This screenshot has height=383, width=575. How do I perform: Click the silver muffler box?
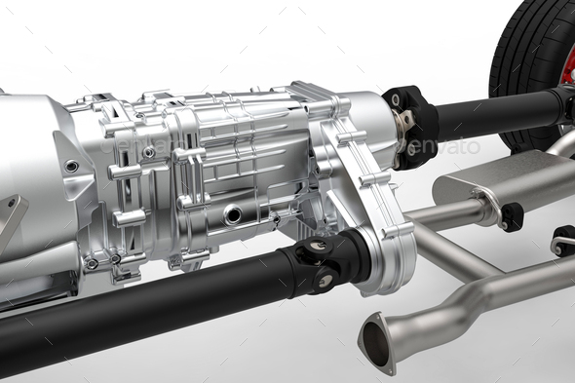coord(507,180)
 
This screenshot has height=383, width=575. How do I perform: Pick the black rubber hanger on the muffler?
coord(512,216)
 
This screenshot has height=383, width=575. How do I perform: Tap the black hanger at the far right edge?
coord(564,240)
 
